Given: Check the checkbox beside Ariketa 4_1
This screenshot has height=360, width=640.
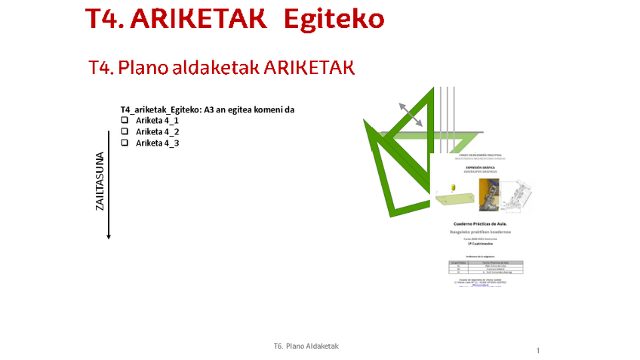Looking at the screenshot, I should point(125,121).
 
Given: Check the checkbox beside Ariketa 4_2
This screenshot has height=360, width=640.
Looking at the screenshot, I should point(125,132).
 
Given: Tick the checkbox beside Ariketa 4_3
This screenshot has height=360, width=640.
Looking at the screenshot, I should point(125,143).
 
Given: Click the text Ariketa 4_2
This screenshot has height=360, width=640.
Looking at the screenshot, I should point(157,132).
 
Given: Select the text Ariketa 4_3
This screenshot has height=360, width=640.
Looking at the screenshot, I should point(157,143).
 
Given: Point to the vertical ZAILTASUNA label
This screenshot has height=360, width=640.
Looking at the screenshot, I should point(100,181).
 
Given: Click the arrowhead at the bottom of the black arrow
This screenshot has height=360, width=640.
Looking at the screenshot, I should point(109,235).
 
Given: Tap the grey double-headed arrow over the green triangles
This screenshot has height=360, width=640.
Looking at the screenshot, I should point(411,114).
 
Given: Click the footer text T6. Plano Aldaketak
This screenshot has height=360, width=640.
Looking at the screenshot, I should point(306,346).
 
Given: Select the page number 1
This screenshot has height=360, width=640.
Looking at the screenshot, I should point(538,351).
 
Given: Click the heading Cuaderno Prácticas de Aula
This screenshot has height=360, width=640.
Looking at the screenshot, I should point(484,224).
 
